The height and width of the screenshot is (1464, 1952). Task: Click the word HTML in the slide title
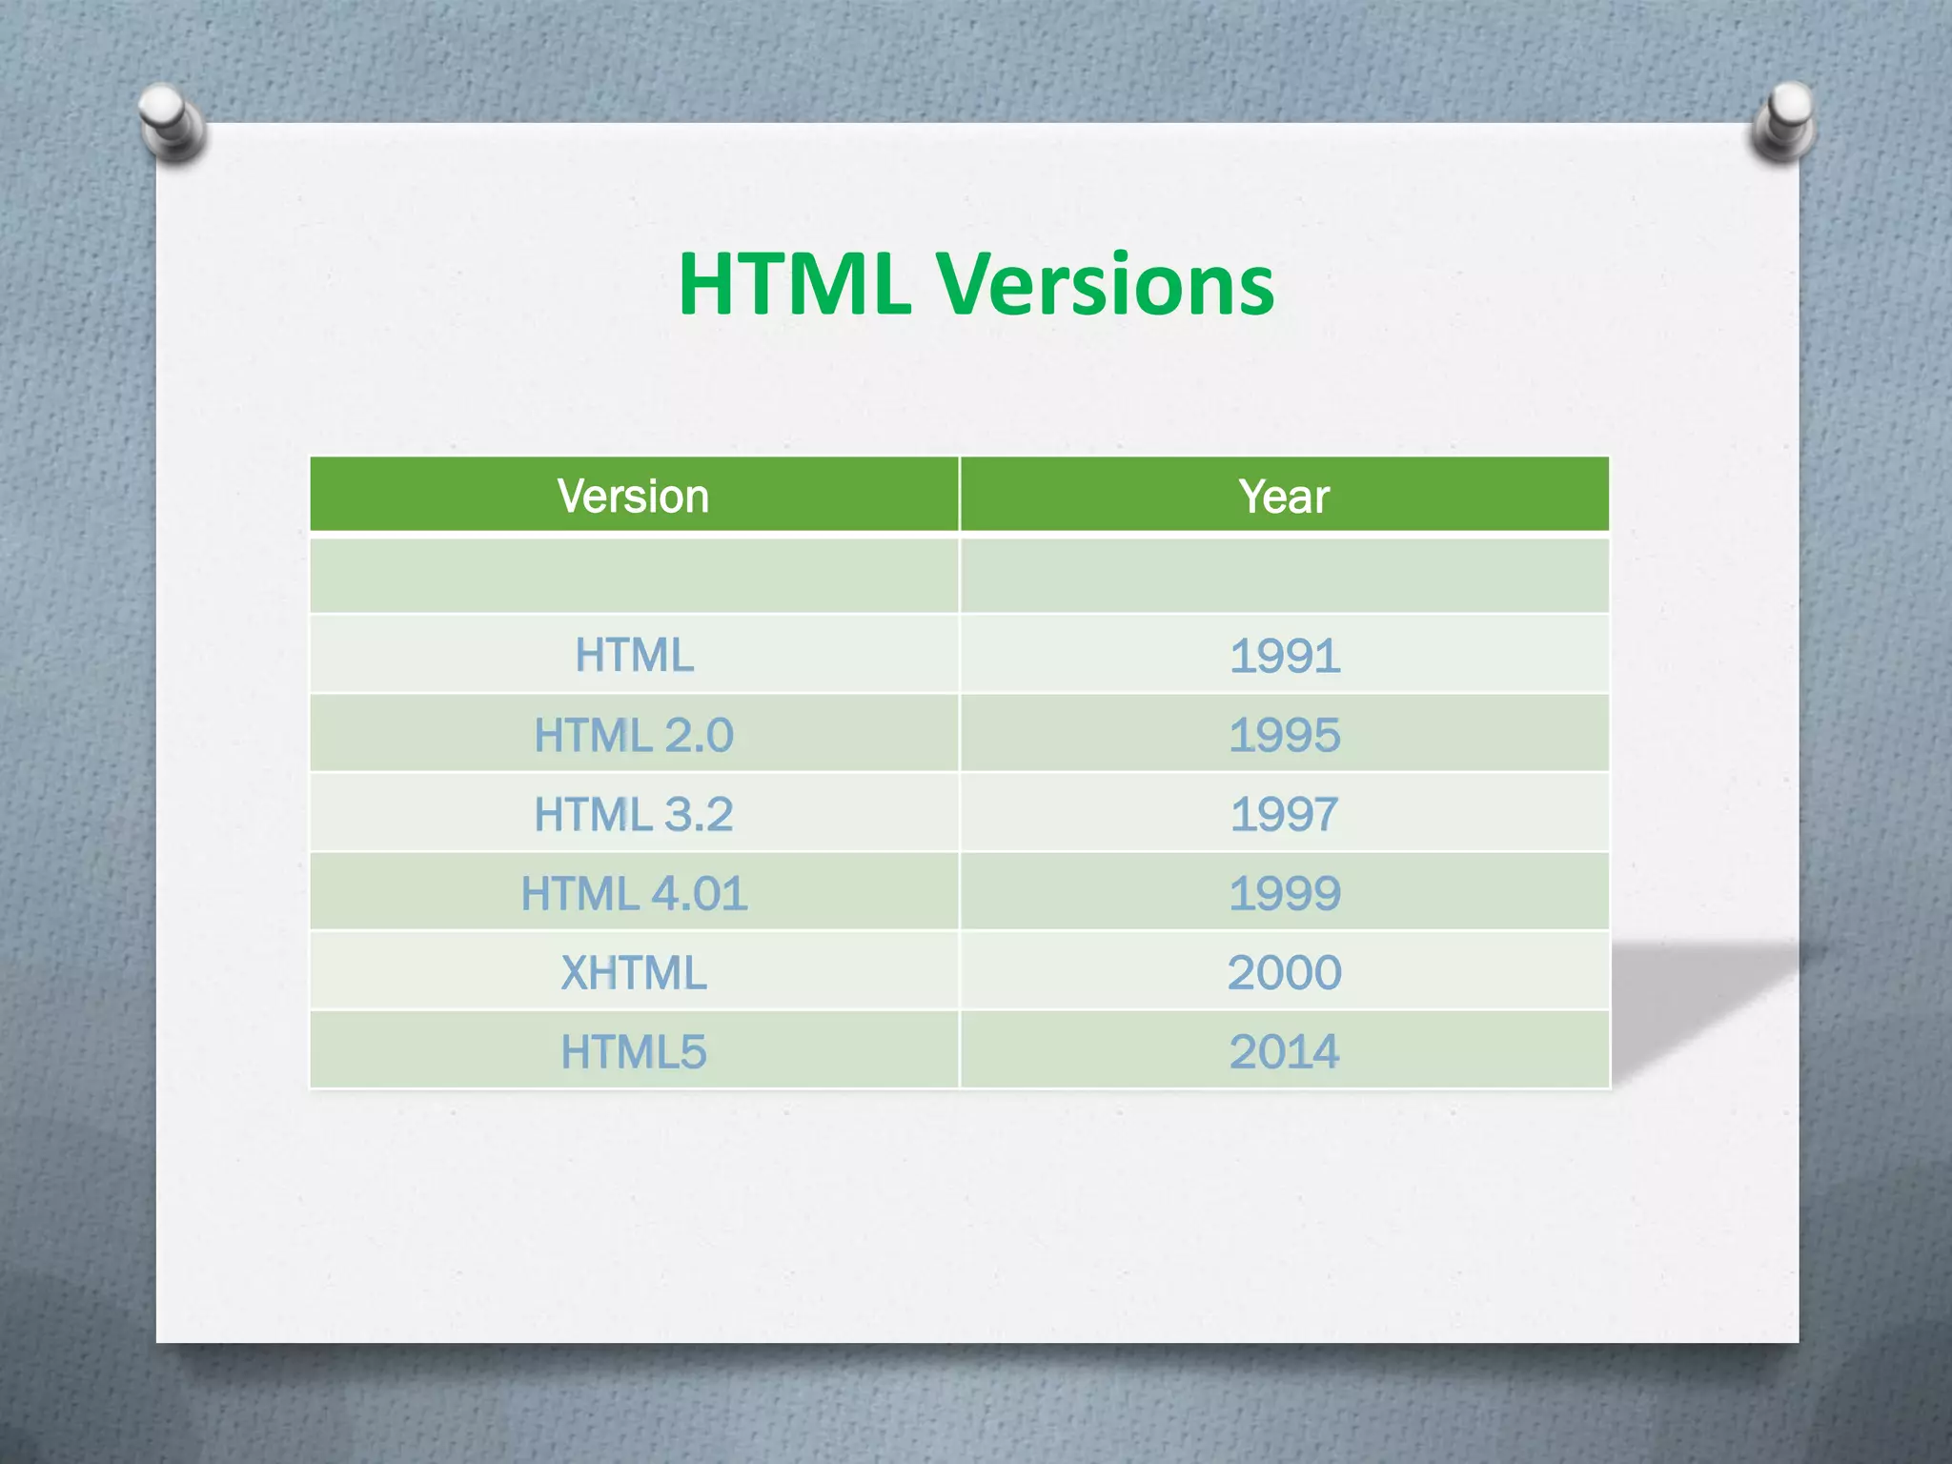(793, 284)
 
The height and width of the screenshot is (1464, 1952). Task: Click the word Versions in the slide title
(1106, 284)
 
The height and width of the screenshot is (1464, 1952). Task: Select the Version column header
(634, 496)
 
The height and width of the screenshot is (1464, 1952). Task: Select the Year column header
(1284, 496)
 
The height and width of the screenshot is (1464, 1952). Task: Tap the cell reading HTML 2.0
(634, 735)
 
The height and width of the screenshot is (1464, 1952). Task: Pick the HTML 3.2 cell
(634, 814)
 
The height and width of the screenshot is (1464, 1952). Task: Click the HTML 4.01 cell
(634, 893)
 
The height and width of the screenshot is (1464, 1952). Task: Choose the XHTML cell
(634, 972)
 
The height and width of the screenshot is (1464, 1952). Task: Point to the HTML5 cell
(634, 1051)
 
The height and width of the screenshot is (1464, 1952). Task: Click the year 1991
(1284, 656)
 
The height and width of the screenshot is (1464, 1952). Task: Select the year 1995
(1284, 735)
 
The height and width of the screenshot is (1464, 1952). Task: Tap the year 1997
(1284, 814)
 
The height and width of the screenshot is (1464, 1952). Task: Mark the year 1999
(1284, 893)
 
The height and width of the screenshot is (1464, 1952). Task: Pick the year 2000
(1284, 972)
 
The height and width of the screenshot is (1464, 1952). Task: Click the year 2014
(1284, 1051)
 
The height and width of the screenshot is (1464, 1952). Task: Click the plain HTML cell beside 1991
(634, 656)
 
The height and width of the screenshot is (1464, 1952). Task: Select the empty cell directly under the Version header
(634, 575)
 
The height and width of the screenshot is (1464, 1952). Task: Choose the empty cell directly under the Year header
(1284, 575)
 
